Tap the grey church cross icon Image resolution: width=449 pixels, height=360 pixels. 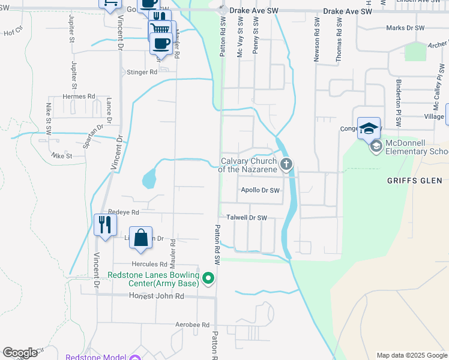click(x=287, y=164)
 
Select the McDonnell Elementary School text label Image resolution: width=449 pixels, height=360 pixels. click(x=417, y=147)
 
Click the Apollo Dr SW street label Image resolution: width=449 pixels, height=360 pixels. click(x=261, y=191)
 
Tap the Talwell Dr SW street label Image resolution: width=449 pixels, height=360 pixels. click(x=246, y=218)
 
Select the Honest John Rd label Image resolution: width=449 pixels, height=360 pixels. click(x=156, y=296)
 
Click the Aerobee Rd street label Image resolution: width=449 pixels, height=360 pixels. click(x=192, y=325)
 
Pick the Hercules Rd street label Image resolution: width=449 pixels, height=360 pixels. click(x=149, y=264)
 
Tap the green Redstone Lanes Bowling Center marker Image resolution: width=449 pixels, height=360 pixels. click(x=208, y=278)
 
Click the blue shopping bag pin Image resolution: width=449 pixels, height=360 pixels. click(x=140, y=238)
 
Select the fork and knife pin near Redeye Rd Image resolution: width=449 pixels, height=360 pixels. click(x=105, y=224)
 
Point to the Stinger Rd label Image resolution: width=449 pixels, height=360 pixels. click(x=142, y=72)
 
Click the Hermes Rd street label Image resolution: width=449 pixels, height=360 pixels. click(x=79, y=96)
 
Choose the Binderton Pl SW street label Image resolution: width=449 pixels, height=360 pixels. click(x=397, y=100)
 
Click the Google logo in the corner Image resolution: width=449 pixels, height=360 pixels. click(x=20, y=353)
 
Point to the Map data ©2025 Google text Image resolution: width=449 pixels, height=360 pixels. click(x=411, y=355)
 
